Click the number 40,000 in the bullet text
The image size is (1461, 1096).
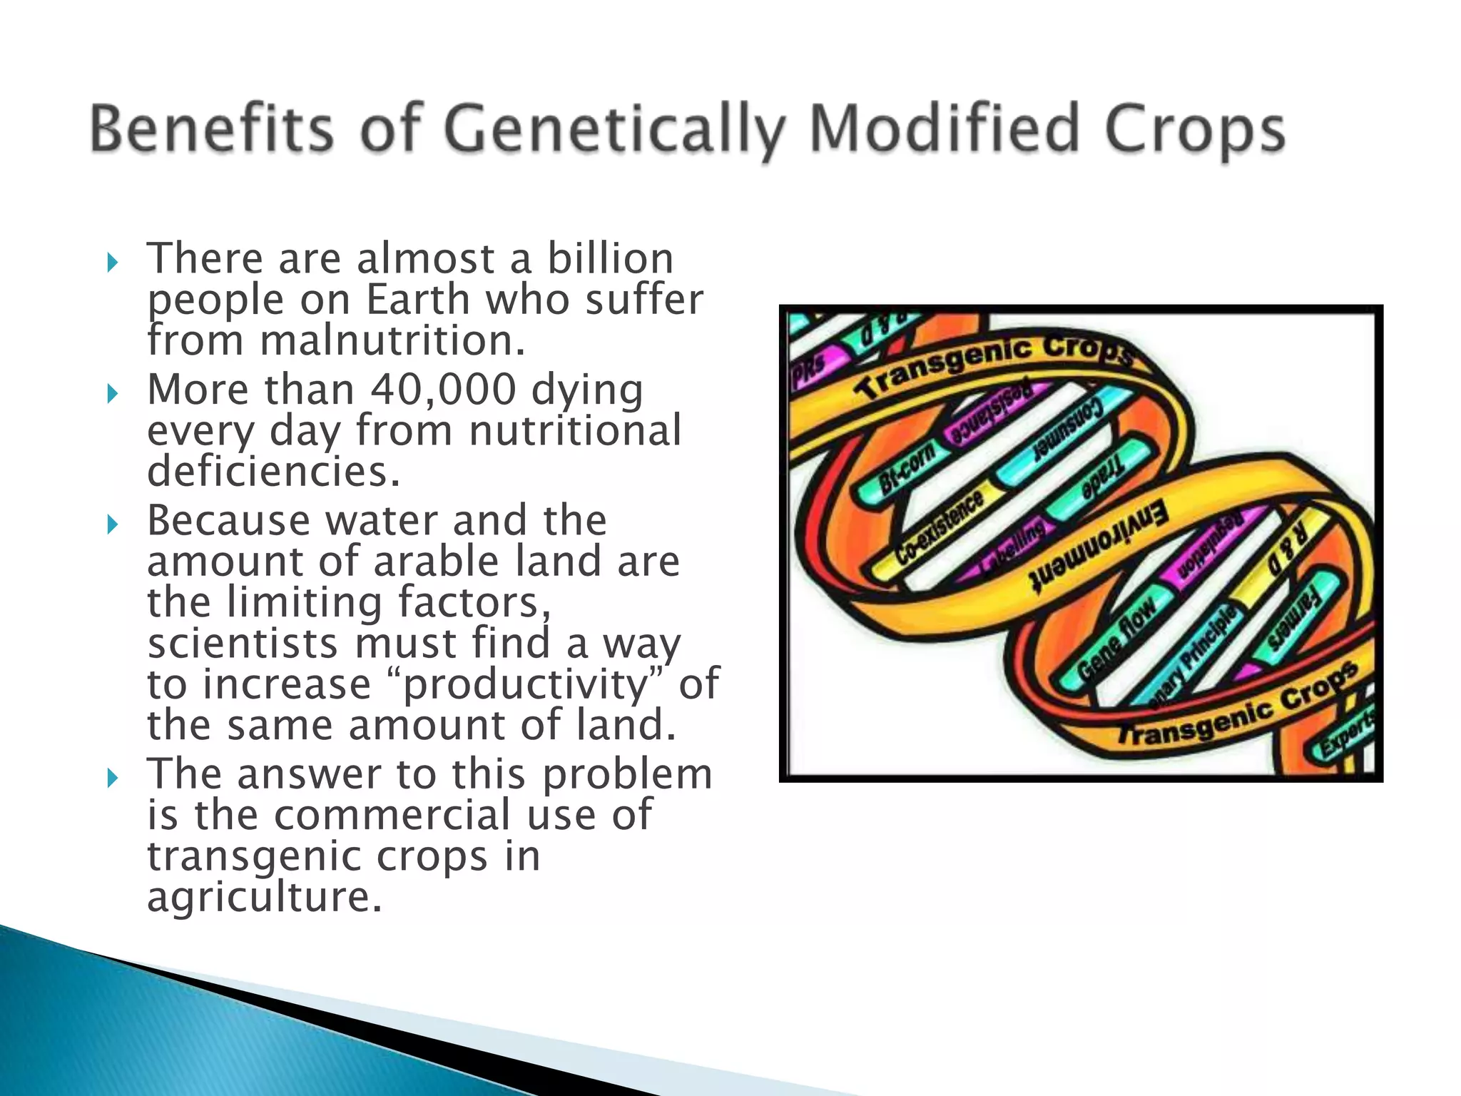point(443,390)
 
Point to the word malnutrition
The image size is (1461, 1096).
point(392,340)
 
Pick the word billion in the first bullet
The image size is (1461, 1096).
point(610,258)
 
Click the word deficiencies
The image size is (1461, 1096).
point(274,472)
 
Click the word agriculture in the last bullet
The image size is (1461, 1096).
point(264,897)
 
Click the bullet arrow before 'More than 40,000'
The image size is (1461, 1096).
point(111,393)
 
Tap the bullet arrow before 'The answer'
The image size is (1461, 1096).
point(111,778)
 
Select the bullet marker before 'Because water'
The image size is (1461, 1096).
point(111,524)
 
